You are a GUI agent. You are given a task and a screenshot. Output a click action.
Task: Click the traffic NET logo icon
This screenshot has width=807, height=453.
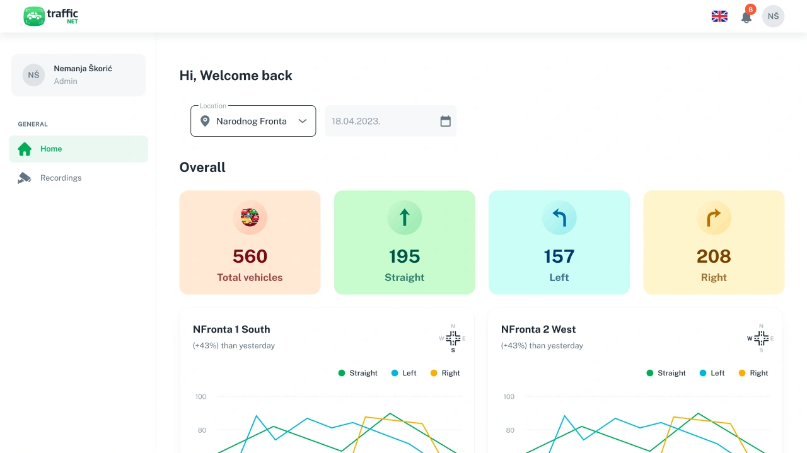(34, 16)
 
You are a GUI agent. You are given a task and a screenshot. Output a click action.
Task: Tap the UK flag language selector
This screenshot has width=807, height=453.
(719, 16)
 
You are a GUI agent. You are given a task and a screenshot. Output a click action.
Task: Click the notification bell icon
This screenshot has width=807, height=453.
(746, 17)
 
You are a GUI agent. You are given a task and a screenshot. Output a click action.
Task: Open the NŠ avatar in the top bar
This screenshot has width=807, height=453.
(773, 16)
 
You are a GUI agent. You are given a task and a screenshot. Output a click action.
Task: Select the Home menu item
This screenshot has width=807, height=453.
(78, 149)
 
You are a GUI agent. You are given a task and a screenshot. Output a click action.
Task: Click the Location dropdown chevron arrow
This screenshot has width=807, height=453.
(303, 121)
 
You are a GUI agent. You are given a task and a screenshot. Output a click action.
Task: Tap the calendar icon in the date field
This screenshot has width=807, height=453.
(445, 121)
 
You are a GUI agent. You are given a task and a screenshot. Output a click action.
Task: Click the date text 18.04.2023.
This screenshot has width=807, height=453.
(356, 122)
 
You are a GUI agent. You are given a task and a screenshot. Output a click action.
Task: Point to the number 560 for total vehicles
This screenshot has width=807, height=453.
(250, 256)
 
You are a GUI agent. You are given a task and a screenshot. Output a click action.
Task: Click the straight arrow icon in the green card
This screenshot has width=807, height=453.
(405, 217)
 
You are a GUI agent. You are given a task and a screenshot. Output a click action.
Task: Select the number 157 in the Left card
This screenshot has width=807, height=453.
(559, 256)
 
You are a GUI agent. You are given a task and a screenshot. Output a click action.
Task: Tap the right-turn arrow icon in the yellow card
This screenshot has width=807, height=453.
(713, 218)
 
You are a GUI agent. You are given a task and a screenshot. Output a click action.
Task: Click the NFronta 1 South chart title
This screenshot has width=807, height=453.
(231, 329)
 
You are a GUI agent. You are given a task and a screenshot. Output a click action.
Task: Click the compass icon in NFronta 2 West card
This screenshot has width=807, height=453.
(761, 338)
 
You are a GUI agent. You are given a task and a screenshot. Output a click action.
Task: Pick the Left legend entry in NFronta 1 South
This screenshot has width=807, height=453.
(404, 373)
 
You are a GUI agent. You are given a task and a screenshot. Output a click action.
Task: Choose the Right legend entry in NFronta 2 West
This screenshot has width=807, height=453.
(753, 373)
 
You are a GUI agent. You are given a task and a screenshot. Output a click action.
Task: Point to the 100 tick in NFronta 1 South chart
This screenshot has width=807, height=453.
(200, 396)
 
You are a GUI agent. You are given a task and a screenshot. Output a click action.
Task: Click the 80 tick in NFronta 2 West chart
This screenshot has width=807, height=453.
(510, 430)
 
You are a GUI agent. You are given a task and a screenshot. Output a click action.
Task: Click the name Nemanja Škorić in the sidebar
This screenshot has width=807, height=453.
(83, 69)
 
